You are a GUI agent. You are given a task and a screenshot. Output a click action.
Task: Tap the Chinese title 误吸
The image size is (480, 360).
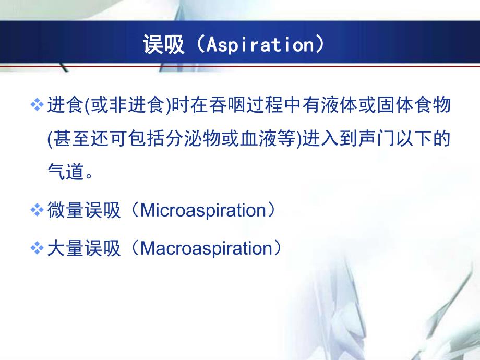click(x=164, y=45)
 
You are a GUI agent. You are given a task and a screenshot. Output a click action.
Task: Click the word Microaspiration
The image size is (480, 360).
click(x=204, y=211)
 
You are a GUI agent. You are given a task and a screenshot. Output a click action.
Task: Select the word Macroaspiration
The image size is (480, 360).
click(x=204, y=248)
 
